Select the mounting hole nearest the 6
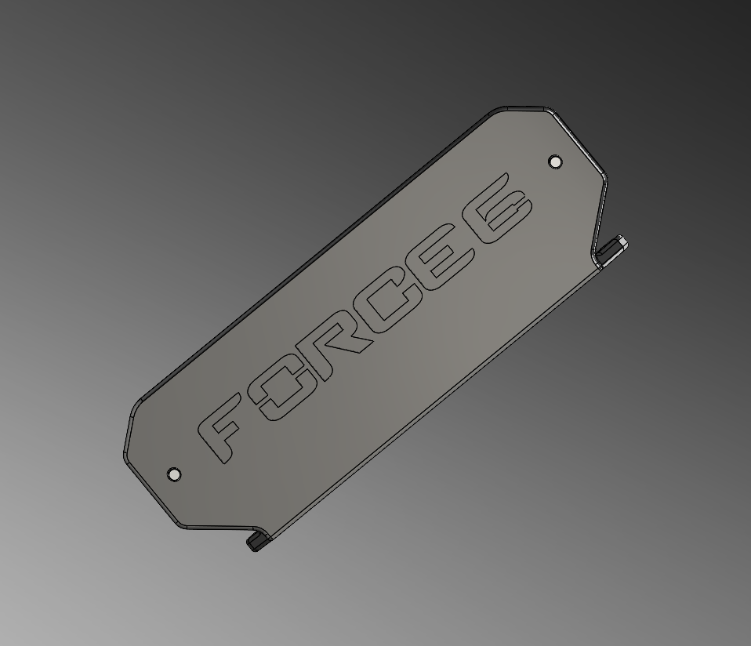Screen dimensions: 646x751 tap(555, 161)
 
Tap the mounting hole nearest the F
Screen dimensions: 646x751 tap(174, 474)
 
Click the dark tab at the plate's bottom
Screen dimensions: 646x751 tap(255, 543)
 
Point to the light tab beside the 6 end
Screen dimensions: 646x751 tap(615, 245)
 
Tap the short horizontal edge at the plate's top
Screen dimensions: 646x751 tap(521, 108)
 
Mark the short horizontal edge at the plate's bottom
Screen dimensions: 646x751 tap(219, 528)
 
